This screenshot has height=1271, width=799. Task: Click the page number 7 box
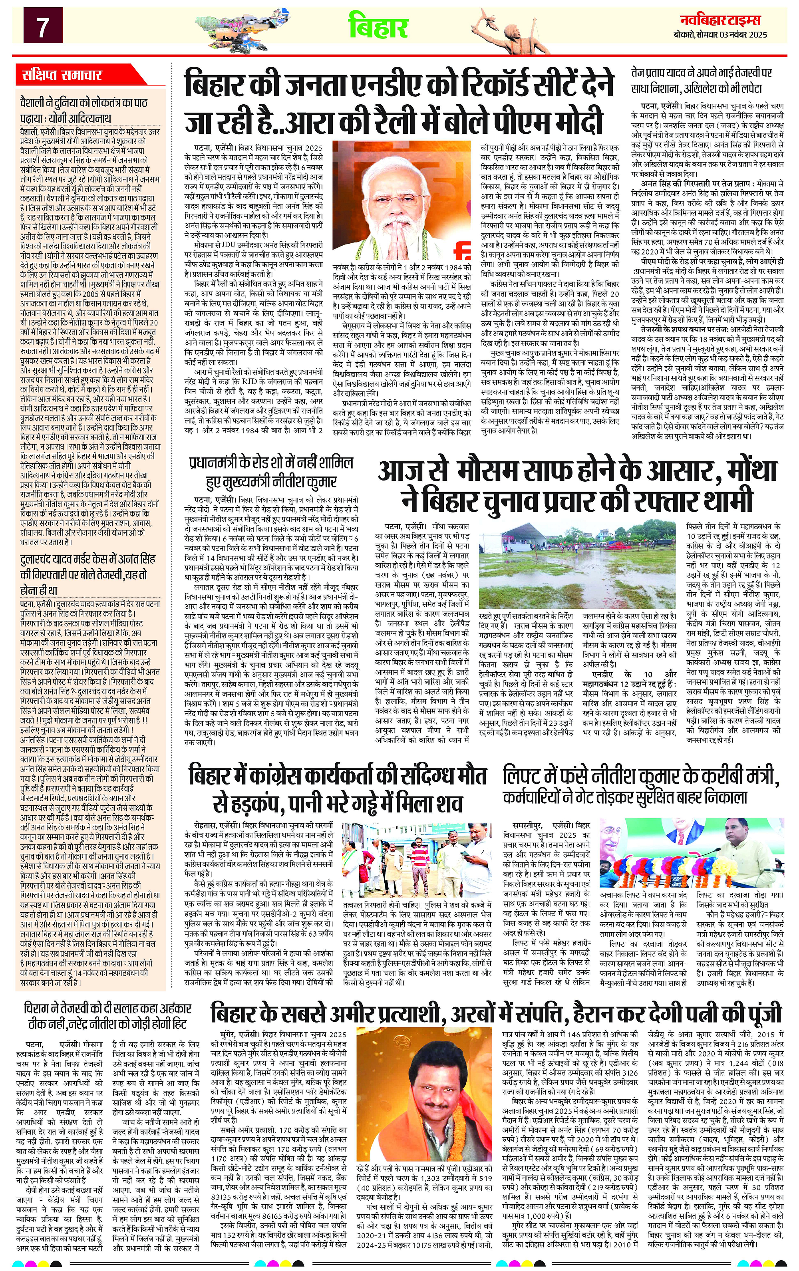(40, 26)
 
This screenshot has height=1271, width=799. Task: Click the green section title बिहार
(379, 26)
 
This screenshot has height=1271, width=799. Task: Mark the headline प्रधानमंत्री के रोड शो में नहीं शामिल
(271, 472)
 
